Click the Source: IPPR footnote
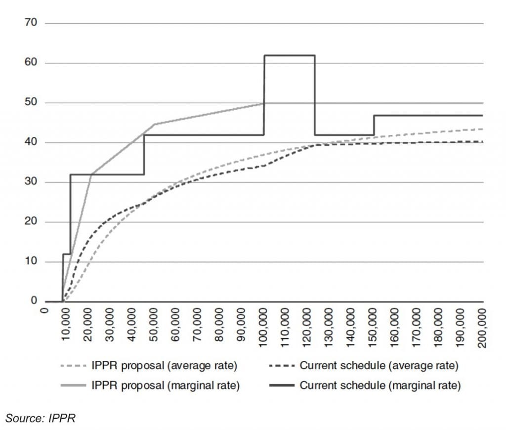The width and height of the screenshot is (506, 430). pyautogui.click(x=40, y=418)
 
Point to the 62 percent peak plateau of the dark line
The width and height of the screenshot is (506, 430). pyautogui.click(x=290, y=55)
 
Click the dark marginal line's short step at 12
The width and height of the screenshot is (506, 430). pyautogui.click(x=66, y=254)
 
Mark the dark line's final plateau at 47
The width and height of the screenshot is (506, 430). pyautogui.click(x=428, y=115)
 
